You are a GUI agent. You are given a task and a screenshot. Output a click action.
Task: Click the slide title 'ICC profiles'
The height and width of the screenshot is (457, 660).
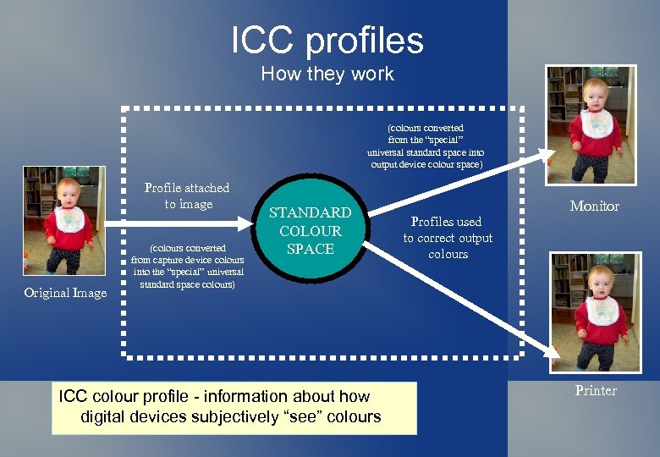(x=327, y=40)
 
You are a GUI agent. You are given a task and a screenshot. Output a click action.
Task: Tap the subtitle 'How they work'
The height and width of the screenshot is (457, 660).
(x=327, y=74)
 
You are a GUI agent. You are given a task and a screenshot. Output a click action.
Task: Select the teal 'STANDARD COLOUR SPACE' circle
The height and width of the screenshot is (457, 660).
(x=311, y=230)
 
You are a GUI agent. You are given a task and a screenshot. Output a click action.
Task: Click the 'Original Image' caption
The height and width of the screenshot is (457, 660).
(x=65, y=293)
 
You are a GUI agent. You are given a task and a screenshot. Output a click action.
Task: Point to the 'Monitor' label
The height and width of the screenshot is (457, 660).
(x=594, y=206)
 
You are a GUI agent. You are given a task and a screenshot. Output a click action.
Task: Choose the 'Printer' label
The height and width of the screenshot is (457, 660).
(x=596, y=390)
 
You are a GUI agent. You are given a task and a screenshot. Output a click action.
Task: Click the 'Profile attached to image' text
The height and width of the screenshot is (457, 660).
(x=186, y=195)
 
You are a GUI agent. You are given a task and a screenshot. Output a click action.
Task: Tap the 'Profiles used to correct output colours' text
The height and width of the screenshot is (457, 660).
(x=448, y=238)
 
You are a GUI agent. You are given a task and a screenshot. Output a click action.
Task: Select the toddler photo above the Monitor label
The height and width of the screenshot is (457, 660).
(x=591, y=125)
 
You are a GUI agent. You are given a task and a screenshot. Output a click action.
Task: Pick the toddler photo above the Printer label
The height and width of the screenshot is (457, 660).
(x=595, y=311)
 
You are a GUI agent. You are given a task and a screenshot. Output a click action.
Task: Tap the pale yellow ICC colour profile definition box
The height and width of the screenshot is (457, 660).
(x=234, y=407)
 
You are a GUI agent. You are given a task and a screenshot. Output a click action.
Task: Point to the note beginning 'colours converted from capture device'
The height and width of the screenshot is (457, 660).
(x=189, y=267)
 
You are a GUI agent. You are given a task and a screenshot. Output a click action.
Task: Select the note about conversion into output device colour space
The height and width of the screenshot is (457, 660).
(x=426, y=146)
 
